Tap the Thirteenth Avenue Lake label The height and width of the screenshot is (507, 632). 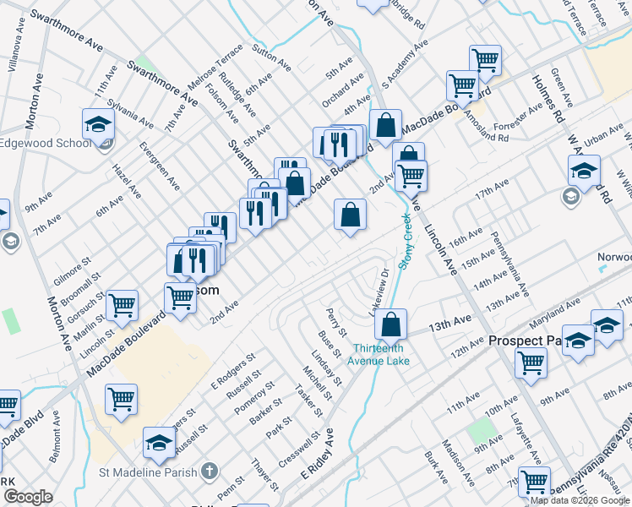pyautogui.click(x=381, y=355)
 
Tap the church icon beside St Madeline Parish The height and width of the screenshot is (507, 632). pyautogui.click(x=210, y=472)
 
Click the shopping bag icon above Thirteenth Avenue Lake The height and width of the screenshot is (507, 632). pyautogui.click(x=391, y=324)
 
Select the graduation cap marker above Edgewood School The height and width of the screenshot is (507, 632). pyautogui.click(x=99, y=124)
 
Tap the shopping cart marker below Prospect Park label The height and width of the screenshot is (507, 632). pyautogui.click(x=531, y=363)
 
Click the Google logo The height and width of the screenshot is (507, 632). pyautogui.click(x=29, y=497)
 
